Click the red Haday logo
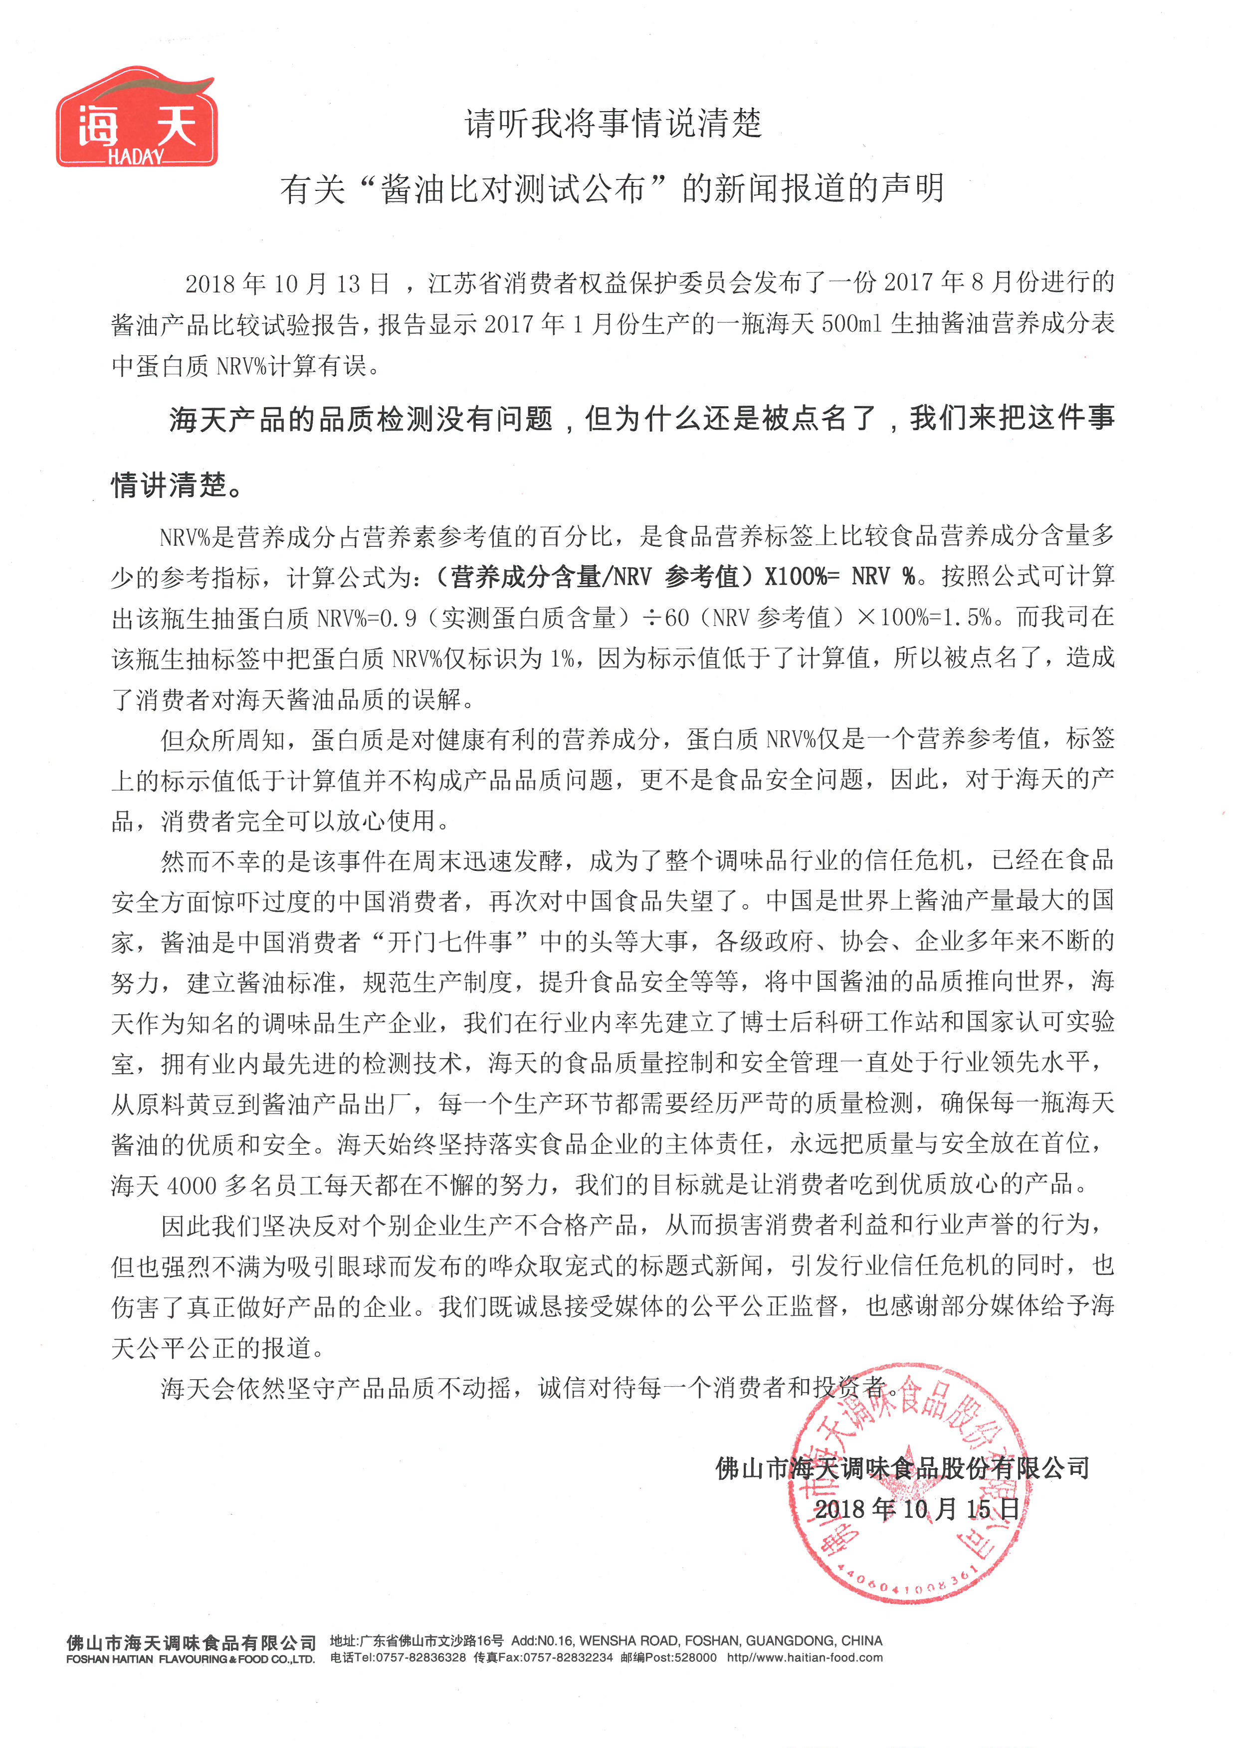137,118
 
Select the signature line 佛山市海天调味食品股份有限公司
903,1468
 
